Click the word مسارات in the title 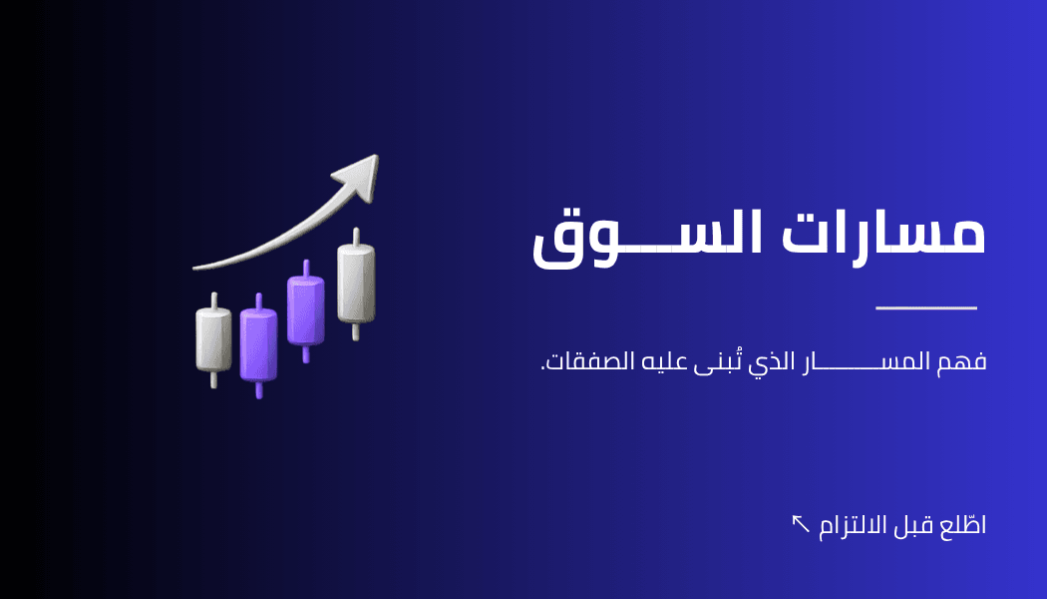pos(883,234)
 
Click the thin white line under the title pos(926,308)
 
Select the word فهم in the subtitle pos(961,361)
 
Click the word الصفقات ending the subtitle pos(588,361)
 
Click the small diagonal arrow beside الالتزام pos(800,523)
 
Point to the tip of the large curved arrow pos(378,156)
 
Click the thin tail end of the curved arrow pos(193,269)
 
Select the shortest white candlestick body pos(213,339)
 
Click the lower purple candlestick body pos(258,345)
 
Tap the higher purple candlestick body pos(306,310)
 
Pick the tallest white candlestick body pos(356,284)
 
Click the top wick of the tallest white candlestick pos(356,237)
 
